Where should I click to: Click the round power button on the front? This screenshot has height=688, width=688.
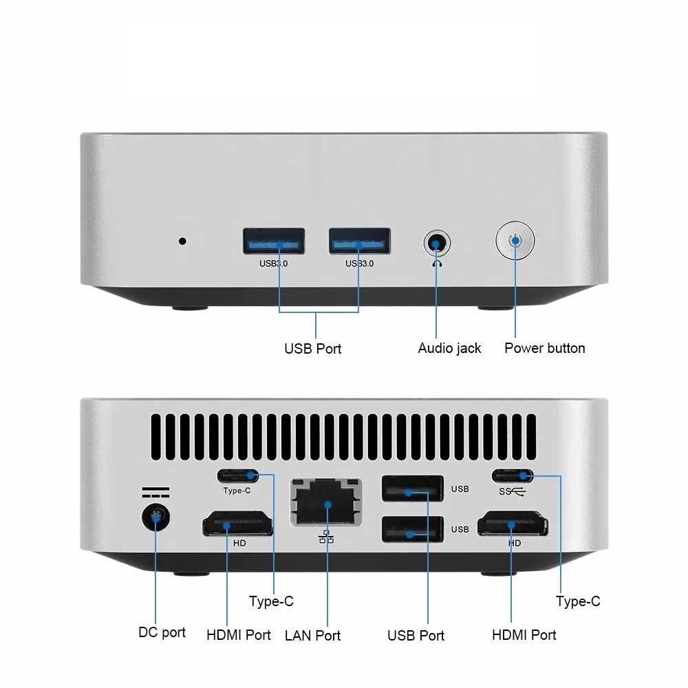(x=515, y=241)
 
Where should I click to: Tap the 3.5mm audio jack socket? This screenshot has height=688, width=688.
(x=436, y=242)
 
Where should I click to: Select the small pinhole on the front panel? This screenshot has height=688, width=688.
(x=182, y=241)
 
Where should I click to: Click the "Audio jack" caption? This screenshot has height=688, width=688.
(x=449, y=348)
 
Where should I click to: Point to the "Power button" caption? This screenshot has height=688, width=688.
(x=544, y=348)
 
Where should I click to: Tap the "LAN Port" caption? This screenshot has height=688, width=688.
(x=312, y=635)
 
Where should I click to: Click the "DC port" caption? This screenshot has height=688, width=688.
(x=162, y=632)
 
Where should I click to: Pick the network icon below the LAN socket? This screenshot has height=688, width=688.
(x=326, y=537)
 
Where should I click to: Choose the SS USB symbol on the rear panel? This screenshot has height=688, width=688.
(x=513, y=491)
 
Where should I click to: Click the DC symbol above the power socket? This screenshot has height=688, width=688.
(x=155, y=493)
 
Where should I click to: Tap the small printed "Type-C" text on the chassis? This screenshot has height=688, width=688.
(x=237, y=491)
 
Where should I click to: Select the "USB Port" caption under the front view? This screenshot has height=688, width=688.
(x=312, y=348)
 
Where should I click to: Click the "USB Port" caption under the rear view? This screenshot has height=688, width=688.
(x=416, y=635)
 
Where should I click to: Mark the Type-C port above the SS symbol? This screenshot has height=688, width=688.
(x=513, y=475)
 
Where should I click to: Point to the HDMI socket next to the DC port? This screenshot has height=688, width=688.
(x=237, y=524)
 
